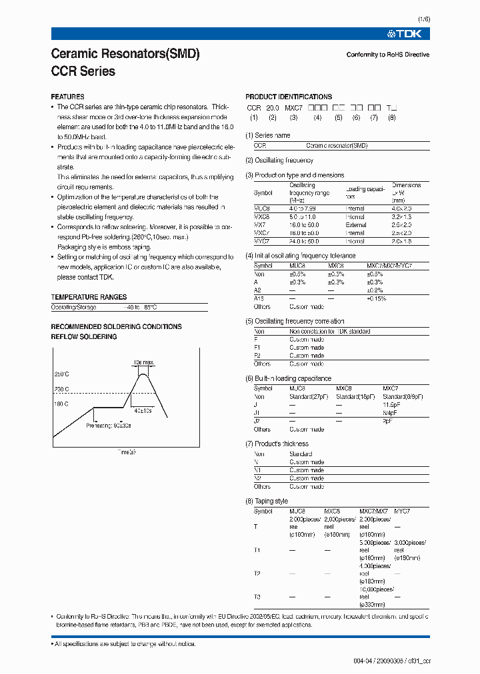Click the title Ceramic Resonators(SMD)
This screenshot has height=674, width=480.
click(125, 54)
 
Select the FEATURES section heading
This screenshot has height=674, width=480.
click(67, 97)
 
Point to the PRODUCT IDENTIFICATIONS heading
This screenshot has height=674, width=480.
click(289, 97)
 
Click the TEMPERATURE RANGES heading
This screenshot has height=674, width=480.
click(89, 297)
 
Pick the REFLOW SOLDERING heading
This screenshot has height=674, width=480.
click(84, 337)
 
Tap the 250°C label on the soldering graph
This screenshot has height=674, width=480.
click(61, 374)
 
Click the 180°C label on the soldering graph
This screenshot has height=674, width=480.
click(61, 403)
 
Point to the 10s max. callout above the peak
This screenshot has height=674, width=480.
click(143, 362)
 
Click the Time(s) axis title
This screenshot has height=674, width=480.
click(127, 452)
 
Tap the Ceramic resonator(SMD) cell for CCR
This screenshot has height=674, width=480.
click(337, 145)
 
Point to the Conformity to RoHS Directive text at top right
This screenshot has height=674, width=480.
click(388, 55)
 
